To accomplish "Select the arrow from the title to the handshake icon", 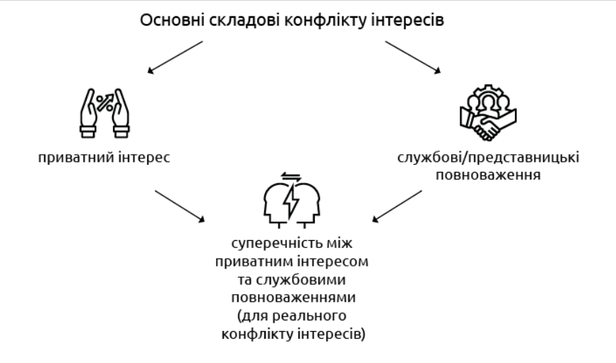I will coord(411,57).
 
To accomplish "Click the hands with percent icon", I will coord(104,112).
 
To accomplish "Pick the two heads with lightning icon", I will coord(292,200).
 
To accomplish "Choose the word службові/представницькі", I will coord(488,157).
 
